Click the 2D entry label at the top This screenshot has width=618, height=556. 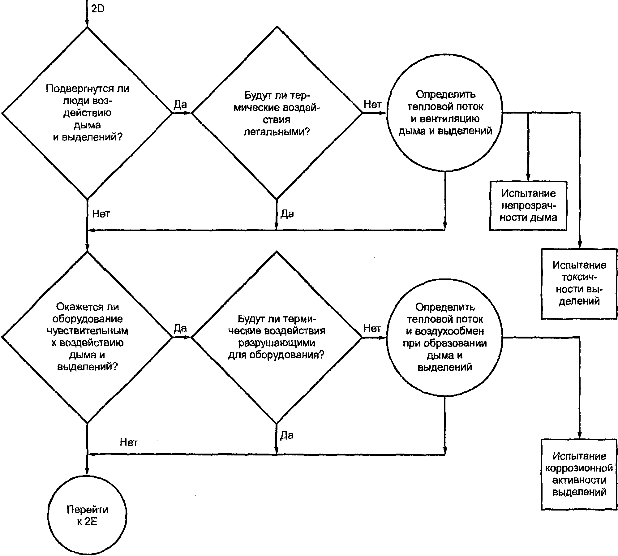[x=98, y=9]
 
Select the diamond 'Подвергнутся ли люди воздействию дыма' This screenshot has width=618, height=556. [x=87, y=113]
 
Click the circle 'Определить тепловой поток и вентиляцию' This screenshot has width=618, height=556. [x=445, y=113]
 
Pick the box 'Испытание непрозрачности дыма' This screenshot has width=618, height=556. [x=528, y=206]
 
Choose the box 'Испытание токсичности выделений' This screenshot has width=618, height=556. [x=579, y=284]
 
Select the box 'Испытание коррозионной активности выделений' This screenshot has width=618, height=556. [x=579, y=474]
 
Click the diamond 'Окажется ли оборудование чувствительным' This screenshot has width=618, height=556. [x=87, y=337]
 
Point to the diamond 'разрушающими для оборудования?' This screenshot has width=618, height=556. [x=277, y=337]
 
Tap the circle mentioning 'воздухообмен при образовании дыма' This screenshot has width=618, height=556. [x=445, y=337]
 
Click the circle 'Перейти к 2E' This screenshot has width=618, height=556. [x=87, y=516]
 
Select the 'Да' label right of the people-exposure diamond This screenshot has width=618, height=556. [x=180, y=105]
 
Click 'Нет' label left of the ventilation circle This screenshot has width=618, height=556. [x=372, y=105]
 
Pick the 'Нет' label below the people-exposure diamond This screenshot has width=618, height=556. [x=101, y=213]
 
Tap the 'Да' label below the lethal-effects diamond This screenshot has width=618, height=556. [x=287, y=213]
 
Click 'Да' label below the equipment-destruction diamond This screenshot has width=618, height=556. [x=287, y=435]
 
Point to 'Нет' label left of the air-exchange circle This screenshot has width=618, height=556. [x=372, y=328]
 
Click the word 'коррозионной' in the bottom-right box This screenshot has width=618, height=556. [x=579, y=468]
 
